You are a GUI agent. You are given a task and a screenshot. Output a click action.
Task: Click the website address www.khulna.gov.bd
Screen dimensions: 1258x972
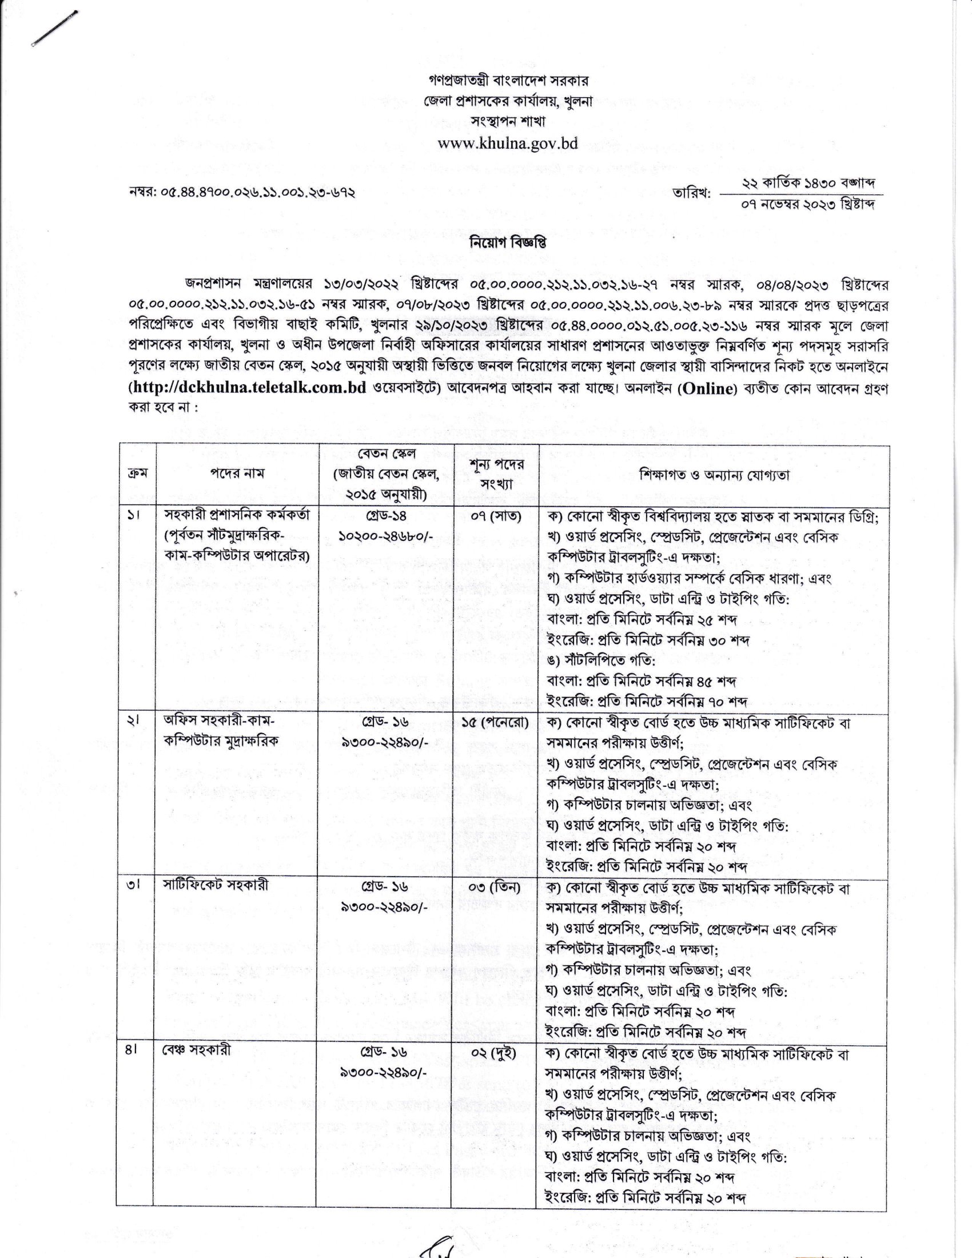click(x=507, y=144)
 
